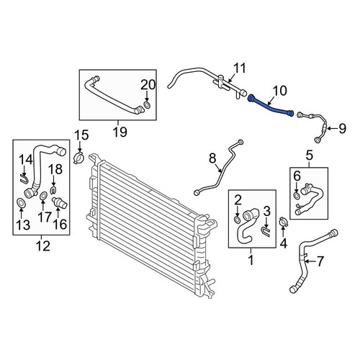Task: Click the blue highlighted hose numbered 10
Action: pos(270,107)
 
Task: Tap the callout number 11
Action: pos(240,68)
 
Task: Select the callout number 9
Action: pos(342,129)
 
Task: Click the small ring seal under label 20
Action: pos(147,104)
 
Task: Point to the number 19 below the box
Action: pos(120,132)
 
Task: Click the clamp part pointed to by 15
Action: pos(78,158)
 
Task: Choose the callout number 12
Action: pos(43,246)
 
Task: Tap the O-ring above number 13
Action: pos(21,203)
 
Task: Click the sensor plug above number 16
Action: pos(60,203)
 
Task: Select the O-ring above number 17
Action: pos(43,196)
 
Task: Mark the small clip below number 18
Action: pos(53,190)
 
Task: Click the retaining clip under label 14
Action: pos(24,179)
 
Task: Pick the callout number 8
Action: pos(212,158)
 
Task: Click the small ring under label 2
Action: pos(237,220)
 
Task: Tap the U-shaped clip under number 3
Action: pos(266,232)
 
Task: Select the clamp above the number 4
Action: pos(283,222)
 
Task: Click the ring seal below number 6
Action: pos(297,196)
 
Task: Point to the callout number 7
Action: pos(320,261)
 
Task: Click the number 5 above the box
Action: pos(310,155)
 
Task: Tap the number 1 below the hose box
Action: pos(251,260)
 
